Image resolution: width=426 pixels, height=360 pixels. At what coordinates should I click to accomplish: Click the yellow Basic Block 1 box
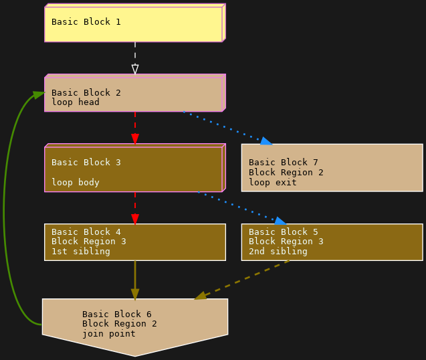pyautogui.click(x=134, y=23)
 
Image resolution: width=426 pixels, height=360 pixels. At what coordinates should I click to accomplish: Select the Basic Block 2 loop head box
pyautogui.click(x=134, y=94)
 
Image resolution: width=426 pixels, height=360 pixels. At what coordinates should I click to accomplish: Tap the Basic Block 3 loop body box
pyautogui.click(x=134, y=169)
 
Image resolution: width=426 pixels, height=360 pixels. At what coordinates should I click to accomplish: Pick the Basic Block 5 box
pyautogui.click(x=332, y=242)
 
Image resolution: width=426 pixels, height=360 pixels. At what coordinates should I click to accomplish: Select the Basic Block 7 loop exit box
pyautogui.click(x=332, y=167)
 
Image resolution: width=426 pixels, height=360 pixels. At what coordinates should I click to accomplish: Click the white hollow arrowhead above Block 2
pyautogui.click(x=135, y=69)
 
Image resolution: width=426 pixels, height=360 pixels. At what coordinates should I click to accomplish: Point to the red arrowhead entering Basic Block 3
pyautogui.click(x=135, y=139)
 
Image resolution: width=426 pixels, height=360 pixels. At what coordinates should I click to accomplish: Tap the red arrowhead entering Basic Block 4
pyautogui.click(x=135, y=219)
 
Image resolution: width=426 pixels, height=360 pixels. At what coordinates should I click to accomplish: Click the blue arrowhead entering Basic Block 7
pyautogui.click(x=266, y=141)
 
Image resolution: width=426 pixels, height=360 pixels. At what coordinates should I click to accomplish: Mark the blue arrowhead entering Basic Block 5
pyautogui.click(x=280, y=221)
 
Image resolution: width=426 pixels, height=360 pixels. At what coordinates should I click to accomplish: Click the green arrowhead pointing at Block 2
pyautogui.click(x=39, y=94)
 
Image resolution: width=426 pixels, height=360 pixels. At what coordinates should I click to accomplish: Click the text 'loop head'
pyautogui.click(x=75, y=102)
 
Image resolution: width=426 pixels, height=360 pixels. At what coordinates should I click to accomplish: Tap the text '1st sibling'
pyautogui.click(x=80, y=252)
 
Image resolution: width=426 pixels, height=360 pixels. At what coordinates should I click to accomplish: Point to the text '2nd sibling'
pyautogui.click(x=278, y=252)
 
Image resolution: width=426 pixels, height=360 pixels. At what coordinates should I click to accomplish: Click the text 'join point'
pyautogui.click(x=108, y=333)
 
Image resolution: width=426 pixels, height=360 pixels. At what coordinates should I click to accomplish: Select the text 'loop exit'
pyautogui.click(x=272, y=182)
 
